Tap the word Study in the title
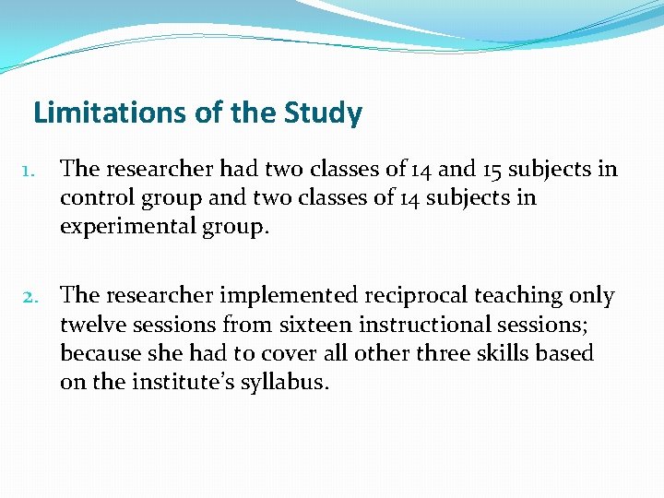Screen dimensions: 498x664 pos(324,113)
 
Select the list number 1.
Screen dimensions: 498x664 pos(28,171)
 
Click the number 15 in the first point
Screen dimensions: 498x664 pos(499,169)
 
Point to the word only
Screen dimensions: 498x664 pos(594,296)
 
